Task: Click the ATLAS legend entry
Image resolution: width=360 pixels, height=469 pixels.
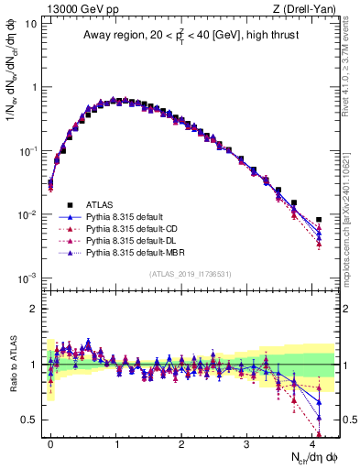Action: point(100,204)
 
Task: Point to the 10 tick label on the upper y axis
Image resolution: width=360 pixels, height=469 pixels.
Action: point(30,23)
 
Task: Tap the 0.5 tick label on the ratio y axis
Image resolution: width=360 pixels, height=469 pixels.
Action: point(28,420)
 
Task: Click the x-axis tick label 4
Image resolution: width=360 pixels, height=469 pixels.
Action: point(311,442)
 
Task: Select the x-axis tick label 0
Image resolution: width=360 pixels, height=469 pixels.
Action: point(50,442)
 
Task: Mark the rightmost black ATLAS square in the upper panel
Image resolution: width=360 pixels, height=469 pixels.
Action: point(318,220)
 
